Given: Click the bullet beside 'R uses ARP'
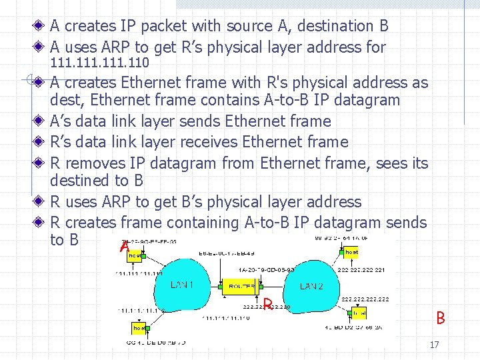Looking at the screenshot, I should tap(41, 202).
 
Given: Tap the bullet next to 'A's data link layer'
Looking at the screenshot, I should tap(41, 121).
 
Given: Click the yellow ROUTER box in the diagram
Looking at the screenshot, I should tap(241, 285).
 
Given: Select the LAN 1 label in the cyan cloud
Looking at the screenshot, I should tap(182, 285).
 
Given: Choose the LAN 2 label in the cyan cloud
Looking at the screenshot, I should tap(311, 286).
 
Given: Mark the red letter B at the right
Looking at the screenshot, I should tap(440, 318).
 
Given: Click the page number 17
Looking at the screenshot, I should tap(434, 345).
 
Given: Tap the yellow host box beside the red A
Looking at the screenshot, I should tap(136, 255).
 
